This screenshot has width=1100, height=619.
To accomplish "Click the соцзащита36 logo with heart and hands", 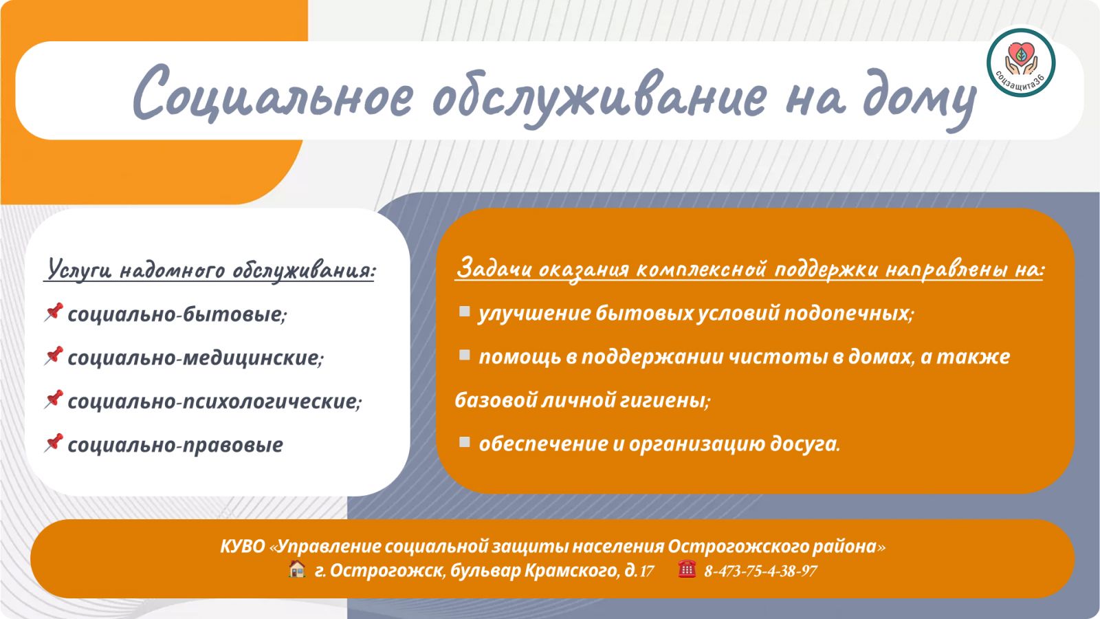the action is point(1021,63).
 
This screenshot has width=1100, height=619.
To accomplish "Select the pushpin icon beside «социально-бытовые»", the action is point(54,312).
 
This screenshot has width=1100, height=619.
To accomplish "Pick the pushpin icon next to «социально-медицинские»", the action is point(54,356).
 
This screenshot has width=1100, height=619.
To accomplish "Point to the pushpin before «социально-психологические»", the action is point(54,400).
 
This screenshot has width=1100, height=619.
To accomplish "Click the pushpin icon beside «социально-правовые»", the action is point(54,443).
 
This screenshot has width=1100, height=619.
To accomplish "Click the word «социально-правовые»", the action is point(175,445).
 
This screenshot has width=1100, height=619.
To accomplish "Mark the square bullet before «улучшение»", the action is point(464,312).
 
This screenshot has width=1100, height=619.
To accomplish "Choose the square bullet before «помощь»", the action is point(464,355).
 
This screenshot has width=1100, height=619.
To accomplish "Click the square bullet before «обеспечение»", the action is point(464,442).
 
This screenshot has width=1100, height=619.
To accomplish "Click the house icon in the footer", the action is point(296,569).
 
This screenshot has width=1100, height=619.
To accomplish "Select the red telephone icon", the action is point(687,569).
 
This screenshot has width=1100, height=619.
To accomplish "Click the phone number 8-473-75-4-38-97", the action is point(760,571).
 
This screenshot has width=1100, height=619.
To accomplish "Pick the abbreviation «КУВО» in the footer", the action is point(243,546).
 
